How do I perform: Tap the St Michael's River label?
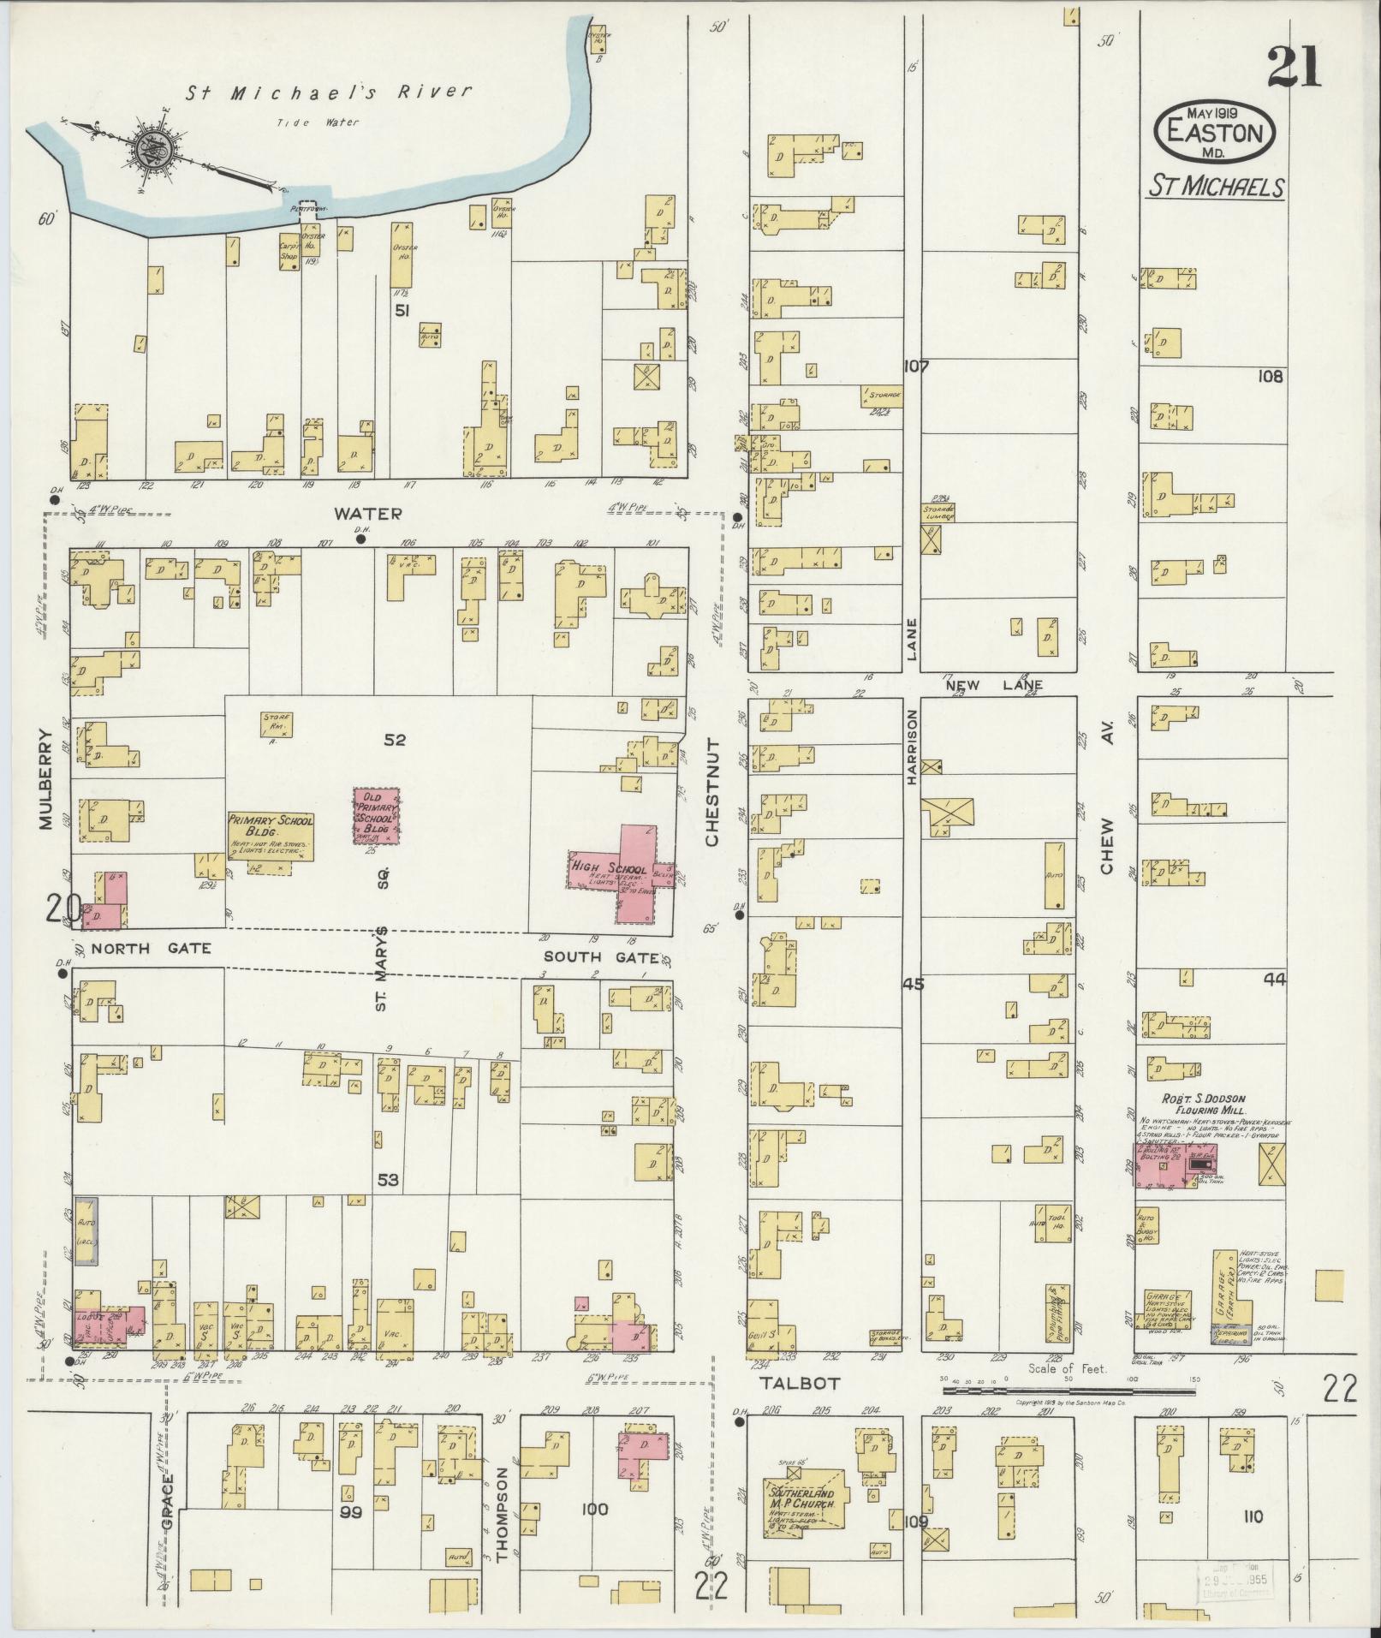(x=327, y=93)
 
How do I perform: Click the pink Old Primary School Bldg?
(x=378, y=817)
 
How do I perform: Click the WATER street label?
(x=367, y=514)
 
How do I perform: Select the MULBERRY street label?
(x=45, y=779)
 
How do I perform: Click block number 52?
(x=394, y=740)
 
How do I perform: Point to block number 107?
(x=915, y=366)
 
